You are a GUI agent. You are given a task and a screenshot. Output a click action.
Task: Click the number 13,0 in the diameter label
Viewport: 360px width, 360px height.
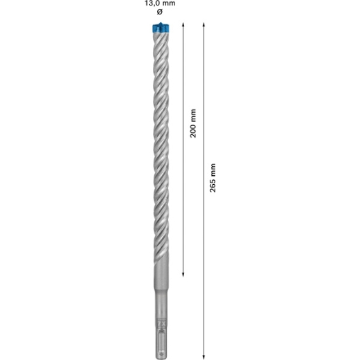coord(151,3)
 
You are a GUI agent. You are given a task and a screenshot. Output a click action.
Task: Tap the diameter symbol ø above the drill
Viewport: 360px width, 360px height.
coord(160,12)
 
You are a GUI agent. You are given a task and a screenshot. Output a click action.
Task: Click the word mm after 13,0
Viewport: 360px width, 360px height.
coord(168,3)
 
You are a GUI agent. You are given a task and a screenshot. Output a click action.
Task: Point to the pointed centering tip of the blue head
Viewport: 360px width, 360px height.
coord(161,23)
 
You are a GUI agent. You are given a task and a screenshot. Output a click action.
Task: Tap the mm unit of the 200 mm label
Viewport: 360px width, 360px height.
coord(193,116)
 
